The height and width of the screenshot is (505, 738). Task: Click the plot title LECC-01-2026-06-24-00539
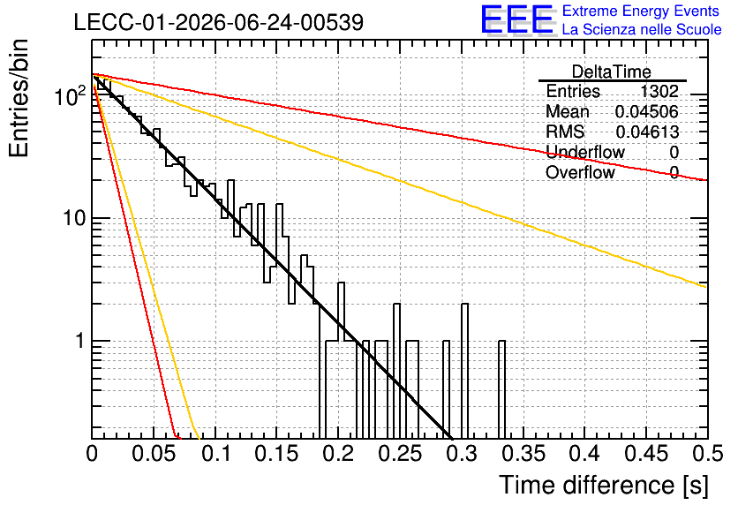(x=219, y=22)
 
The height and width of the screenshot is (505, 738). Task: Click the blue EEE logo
(x=516, y=19)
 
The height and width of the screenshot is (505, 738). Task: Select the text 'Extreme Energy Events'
(x=641, y=11)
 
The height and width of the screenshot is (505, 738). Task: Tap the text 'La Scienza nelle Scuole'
(x=642, y=29)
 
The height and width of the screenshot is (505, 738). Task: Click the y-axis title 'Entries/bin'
(x=19, y=99)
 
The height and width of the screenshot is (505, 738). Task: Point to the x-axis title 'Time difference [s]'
(x=604, y=485)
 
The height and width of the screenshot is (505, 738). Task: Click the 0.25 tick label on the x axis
(x=400, y=454)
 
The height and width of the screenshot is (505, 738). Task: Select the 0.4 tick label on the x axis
(x=584, y=454)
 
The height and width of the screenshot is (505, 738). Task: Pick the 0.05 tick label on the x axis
(x=154, y=454)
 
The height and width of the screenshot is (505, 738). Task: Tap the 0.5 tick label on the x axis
(x=707, y=454)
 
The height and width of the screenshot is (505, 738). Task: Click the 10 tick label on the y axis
(x=74, y=218)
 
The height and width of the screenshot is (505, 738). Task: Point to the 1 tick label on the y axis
(x=80, y=341)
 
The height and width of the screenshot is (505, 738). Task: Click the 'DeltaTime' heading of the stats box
(x=612, y=72)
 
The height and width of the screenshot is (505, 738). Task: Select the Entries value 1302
(x=659, y=91)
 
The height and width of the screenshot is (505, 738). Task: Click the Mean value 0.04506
(x=647, y=111)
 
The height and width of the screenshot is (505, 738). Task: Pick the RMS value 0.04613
(x=647, y=132)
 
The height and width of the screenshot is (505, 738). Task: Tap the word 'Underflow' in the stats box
(x=585, y=152)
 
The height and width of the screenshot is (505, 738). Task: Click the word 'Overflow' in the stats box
(x=580, y=172)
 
